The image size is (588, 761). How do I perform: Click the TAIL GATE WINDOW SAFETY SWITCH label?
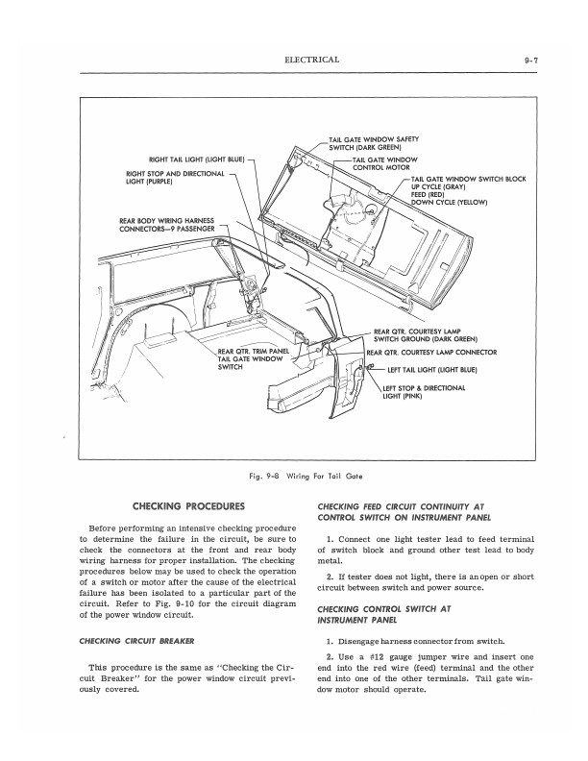coord(374,143)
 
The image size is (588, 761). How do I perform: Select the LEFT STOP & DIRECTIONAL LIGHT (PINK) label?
coord(424,391)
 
